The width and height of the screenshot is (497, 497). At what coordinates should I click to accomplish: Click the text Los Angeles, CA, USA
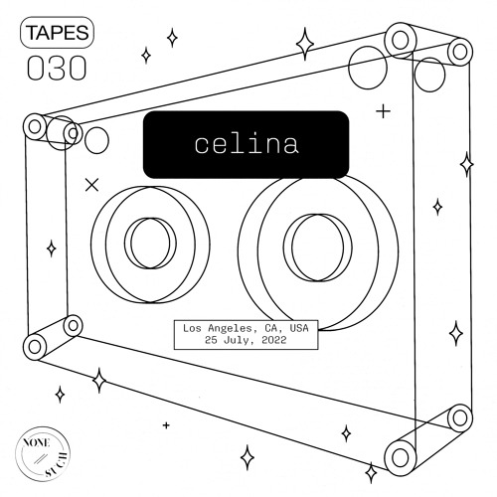[x=245, y=327]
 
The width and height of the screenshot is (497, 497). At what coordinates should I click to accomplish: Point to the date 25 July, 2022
[x=245, y=340]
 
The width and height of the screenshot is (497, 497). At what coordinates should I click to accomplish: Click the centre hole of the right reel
[x=316, y=242]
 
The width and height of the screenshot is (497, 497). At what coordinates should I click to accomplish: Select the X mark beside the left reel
[x=92, y=184]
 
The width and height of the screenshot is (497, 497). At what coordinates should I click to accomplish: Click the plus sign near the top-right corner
[x=385, y=111]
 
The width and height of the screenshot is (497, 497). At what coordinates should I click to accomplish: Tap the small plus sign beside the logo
[x=165, y=424]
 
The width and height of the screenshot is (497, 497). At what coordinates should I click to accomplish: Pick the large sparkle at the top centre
[x=305, y=44]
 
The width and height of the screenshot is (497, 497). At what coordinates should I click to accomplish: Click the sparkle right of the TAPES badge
[x=172, y=38]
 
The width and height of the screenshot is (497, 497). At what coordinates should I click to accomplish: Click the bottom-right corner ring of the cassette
[x=401, y=457]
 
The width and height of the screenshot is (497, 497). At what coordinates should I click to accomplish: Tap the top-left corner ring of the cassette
[x=36, y=126]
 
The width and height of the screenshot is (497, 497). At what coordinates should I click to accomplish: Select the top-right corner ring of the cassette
[x=401, y=41]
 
